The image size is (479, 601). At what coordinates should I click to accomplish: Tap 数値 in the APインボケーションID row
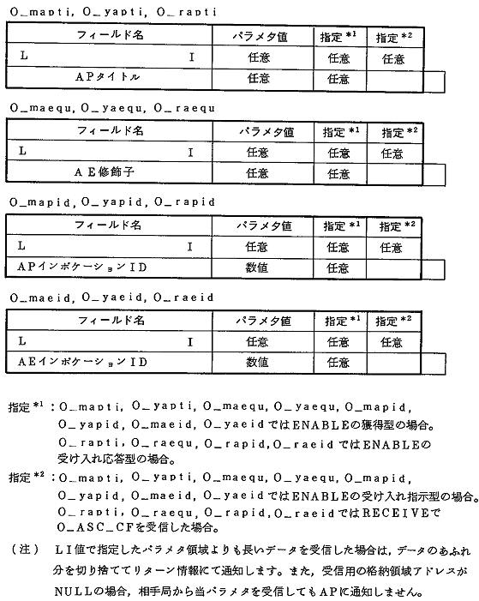[x=258, y=267]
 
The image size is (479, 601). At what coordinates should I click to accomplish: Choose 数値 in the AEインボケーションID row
[x=258, y=363]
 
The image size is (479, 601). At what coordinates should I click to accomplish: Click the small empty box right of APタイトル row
[x=434, y=80]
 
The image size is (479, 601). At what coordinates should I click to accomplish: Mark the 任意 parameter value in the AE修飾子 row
[x=258, y=172]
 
